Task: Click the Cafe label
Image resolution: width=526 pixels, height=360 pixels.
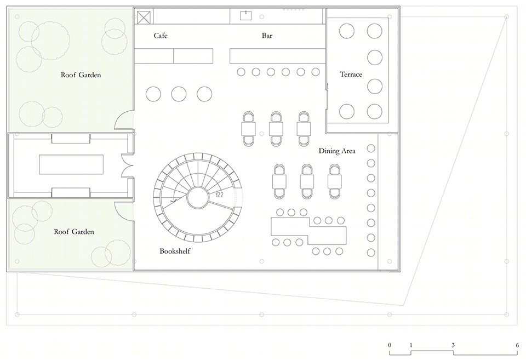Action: (x=161, y=36)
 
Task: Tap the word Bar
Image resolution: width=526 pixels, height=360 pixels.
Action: (x=267, y=36)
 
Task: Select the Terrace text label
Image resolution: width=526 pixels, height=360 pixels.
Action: (x=351, y=74)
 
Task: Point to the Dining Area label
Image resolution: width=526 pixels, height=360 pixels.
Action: (x=337, y=151)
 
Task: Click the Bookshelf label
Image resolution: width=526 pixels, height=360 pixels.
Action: (x=175, y=251)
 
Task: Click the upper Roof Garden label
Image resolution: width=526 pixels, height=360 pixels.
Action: (x=81, y=75)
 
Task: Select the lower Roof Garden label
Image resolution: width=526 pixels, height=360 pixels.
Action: (x=74, y=231)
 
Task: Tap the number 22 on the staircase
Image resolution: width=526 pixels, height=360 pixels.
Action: (x=219, y=195)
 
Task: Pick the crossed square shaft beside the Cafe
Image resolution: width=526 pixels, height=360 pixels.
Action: (x=144, y=17)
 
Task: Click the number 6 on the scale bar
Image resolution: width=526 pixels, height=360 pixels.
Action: (x=517, y=345)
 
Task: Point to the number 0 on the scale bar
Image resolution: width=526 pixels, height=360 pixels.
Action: (x=390, y=345)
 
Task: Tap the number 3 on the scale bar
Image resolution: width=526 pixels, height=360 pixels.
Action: (x=453, y=345)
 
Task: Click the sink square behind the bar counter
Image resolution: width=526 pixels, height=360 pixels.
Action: (x=246, y=15)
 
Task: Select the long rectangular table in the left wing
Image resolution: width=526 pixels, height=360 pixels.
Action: (x=71, y=164)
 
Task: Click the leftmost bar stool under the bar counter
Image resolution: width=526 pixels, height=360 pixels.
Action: (x=241, y=72)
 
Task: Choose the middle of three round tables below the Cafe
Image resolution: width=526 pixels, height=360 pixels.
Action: (x=179, y=94)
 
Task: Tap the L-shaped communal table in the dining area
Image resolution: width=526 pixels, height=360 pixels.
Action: (x=308, y=231)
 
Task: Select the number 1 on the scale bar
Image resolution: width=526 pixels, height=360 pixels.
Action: (x=410, y=345)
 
